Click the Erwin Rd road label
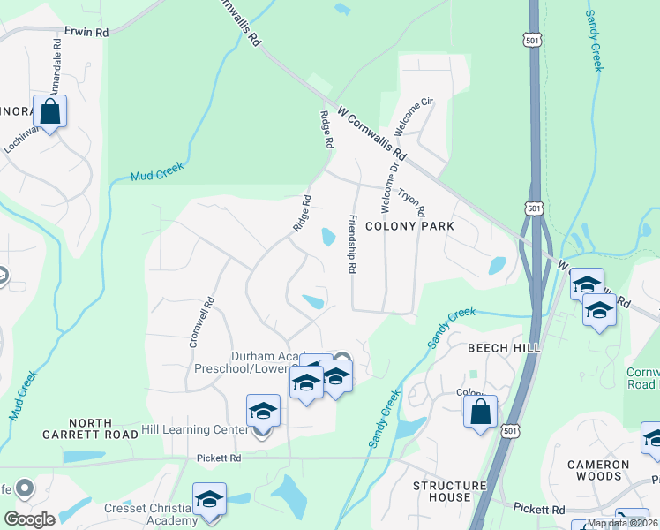click(x=90, y=32)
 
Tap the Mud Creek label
click(x=155, y=176)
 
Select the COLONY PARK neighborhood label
click(x=409, y=226)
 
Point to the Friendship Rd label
click(x=352, y=243)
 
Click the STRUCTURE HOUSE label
click(x=450, y=492)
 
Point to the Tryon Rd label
click(x=412, y=202)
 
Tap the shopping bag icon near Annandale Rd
click(x=50, y=112)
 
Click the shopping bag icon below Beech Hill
click(x=480, y=412)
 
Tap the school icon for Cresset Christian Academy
click(x=209, y=500)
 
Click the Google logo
click(x=29, y=519)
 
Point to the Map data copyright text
click(x=621, y=523)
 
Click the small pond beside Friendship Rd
click(x=328, y=236)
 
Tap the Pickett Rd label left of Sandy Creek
click(x=219, y=458)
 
